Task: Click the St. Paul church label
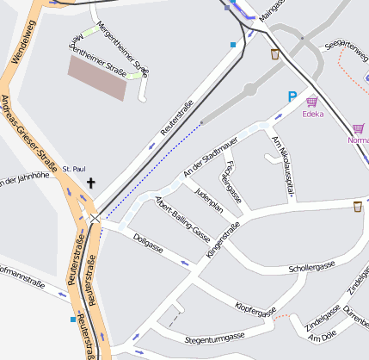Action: point(74,169)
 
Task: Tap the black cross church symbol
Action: point(91,183)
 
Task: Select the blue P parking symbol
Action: point(292,98)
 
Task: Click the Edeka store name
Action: point(313,114)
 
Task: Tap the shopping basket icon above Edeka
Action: point(311,102)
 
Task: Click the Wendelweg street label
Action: point(18,45)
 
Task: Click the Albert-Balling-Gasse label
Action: point(181,219)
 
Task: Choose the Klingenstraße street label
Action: point(223,240)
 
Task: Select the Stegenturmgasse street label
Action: point(214,337)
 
